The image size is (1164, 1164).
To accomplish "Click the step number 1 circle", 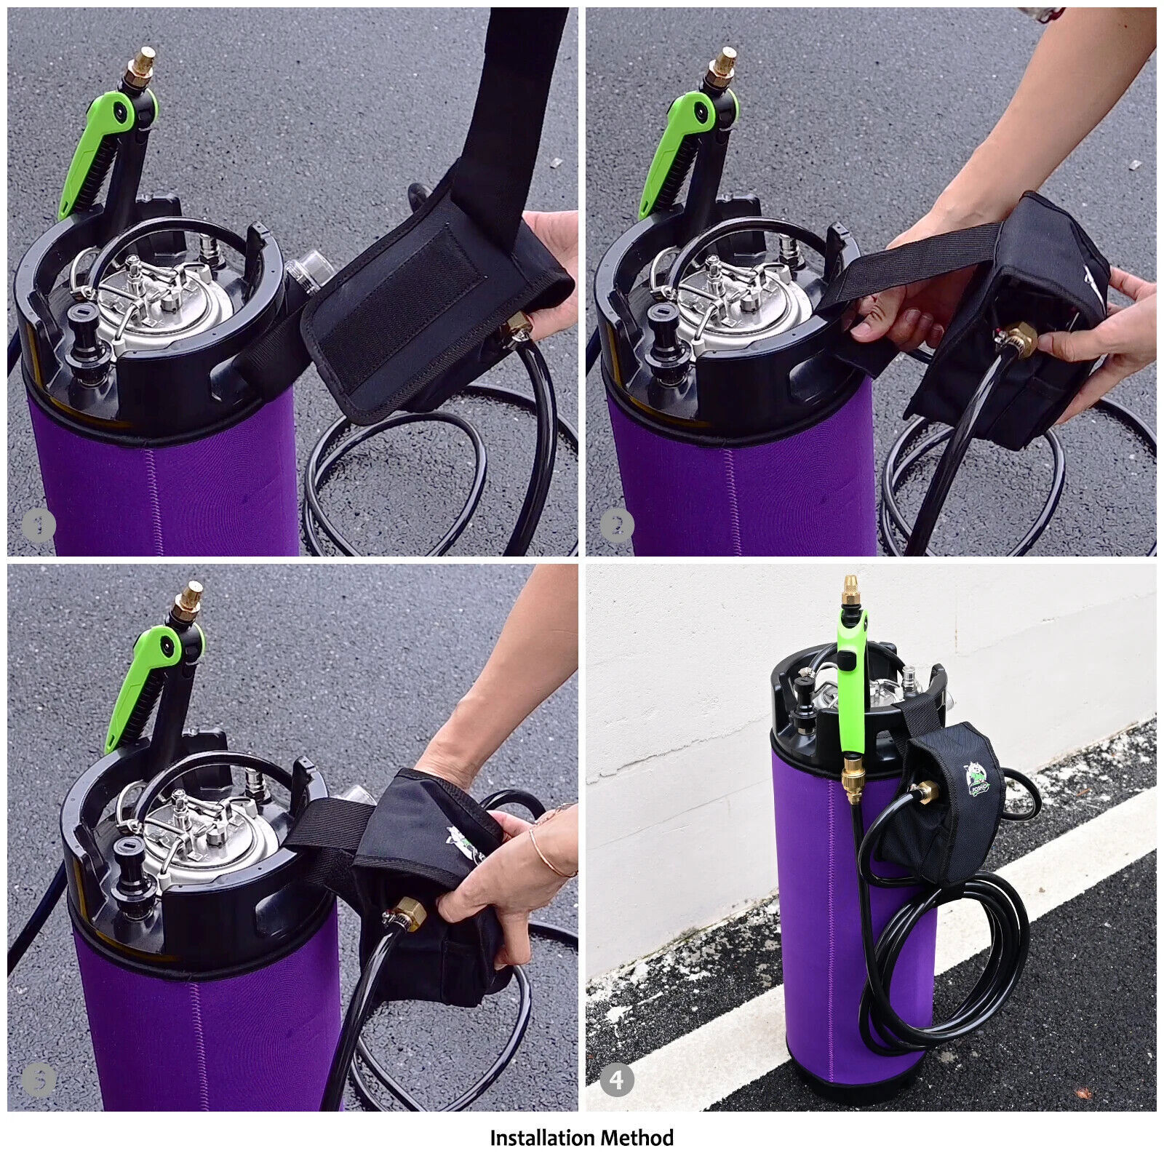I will click(x=38, y=525).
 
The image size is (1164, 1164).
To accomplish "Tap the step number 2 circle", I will click(x=617, y=525).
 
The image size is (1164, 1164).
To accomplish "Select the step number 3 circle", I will click(x=38, y=1080).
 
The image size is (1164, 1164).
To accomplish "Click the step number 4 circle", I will click(x=617, y=1080).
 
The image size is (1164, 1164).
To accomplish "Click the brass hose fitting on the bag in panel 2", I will click(x=1013, y=338).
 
